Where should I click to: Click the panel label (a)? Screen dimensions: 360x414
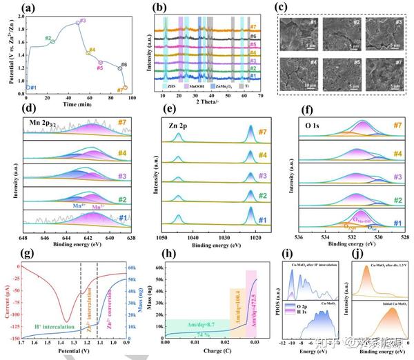[x=28, y=8]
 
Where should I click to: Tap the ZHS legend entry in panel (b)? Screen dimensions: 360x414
[x=170, y=86]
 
